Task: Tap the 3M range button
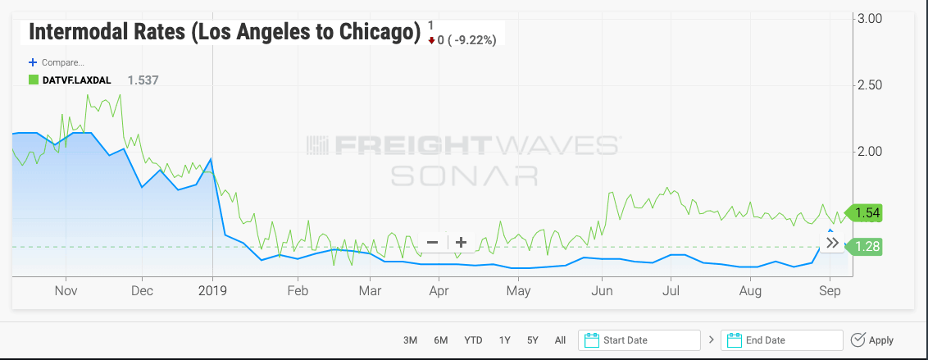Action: [411, 340]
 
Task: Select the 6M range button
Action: [441, 340]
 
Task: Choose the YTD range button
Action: [473, 340]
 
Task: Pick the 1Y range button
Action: [505, 340]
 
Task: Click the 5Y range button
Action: [533, 340]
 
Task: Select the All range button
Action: [560, 340]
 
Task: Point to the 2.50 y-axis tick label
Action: [869, 85]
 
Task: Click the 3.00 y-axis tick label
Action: [869, 19]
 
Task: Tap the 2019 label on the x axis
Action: [212, 291]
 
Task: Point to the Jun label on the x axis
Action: [603, 291]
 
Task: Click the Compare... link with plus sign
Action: [57, 62]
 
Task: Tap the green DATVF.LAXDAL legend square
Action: [34, 80]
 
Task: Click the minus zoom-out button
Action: [433, 242]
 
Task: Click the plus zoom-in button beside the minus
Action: [461, 242]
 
